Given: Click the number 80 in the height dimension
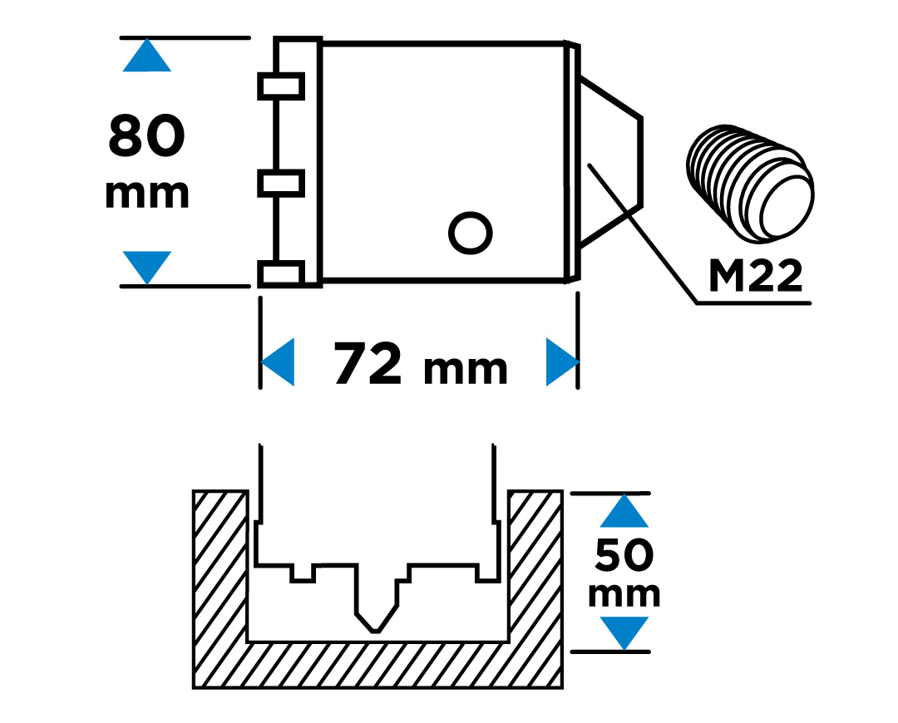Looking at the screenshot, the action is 146,135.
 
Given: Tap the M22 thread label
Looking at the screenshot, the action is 756,276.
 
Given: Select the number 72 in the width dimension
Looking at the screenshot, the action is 368,363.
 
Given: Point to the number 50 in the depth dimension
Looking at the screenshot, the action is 624,554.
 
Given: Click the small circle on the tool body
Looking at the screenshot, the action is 470,233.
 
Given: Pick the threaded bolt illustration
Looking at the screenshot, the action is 750,181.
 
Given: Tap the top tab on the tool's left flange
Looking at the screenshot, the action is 281,86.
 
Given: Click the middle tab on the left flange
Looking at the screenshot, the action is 281,183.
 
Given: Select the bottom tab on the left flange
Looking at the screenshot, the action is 281,273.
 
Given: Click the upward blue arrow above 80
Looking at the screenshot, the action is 146,56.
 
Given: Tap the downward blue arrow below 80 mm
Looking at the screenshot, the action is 147,267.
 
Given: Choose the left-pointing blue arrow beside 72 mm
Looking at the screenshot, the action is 278,361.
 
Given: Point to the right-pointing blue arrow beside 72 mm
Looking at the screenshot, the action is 562,361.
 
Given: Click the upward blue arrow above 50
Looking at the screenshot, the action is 624,510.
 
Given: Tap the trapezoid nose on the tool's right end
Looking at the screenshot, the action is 612,161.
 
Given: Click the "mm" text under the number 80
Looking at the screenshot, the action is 146,194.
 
